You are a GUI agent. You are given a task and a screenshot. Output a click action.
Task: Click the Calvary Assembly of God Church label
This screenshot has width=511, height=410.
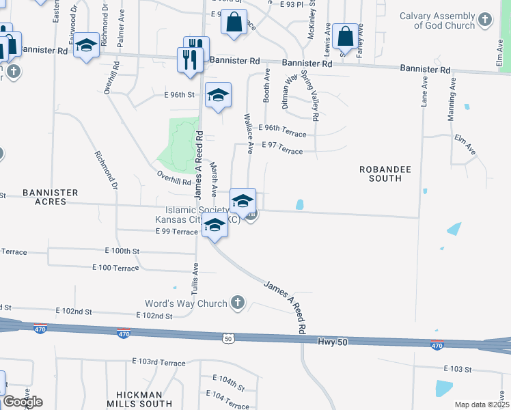[x=437, y=20]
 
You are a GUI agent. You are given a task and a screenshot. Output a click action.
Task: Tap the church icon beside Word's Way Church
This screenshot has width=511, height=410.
[x=238, y=302]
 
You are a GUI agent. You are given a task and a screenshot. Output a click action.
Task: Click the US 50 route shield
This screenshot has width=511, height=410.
[x=227, y=338]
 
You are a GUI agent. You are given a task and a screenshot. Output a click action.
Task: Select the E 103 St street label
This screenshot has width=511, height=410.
[x=458, y=369]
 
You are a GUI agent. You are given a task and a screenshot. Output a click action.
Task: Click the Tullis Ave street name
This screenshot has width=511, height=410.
[x=196, y=279]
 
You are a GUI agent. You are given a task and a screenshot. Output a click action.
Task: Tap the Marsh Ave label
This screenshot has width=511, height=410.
[x=214, y=178]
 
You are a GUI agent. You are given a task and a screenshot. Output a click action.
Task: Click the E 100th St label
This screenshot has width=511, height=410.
[x=122, y=251]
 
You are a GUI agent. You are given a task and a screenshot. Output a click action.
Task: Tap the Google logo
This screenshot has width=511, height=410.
[x=22, y=402]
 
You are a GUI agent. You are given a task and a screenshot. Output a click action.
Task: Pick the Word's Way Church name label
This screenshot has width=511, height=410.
[x=185, y=303]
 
